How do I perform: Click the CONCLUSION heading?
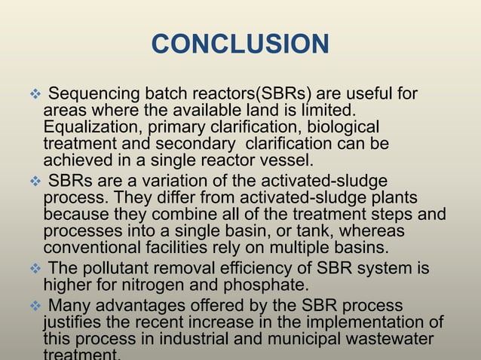[x=240, y=44]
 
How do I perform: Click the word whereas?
[x=369, y=230]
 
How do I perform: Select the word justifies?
[x=75, y=322]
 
